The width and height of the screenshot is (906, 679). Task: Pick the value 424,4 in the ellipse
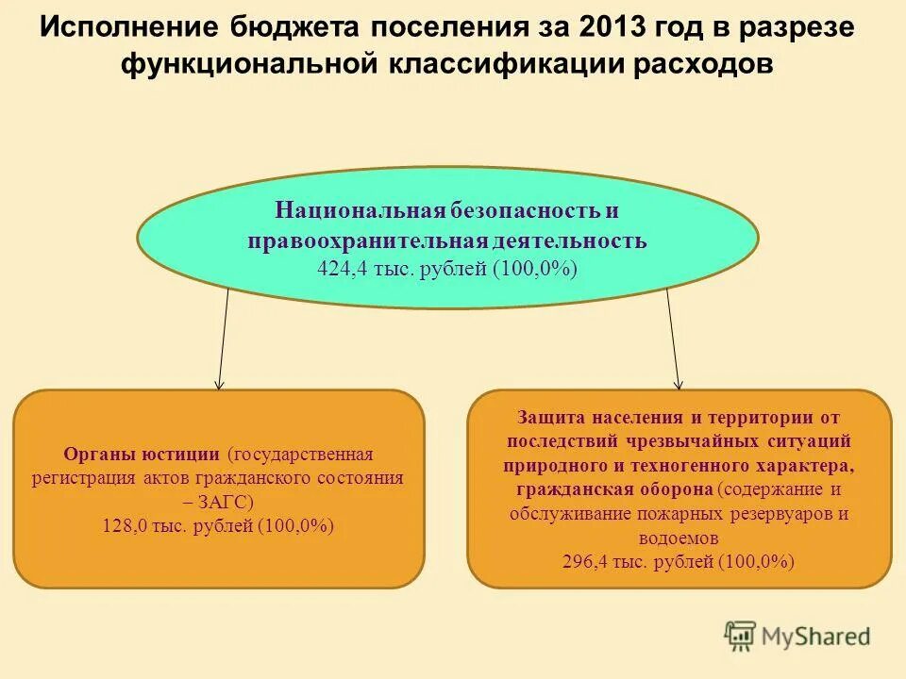click(344, 269)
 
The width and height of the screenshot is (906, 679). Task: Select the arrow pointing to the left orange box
click(223, 339)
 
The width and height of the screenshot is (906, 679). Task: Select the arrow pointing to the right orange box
click(673, 339)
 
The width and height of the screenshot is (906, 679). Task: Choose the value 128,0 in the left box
click(125, 526)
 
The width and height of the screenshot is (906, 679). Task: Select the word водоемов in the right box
click(679, 538)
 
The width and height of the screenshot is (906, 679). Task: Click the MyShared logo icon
click(740, 637)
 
